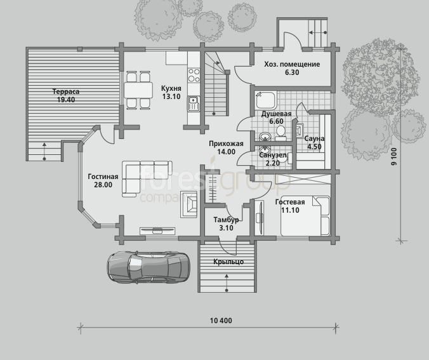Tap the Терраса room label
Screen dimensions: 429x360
click(x=66, y=91)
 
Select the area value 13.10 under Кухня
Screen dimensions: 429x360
click(x=171, y=97)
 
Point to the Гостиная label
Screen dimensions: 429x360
click(x=103, y=177)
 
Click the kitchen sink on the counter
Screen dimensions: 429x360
click(x=194, y=104)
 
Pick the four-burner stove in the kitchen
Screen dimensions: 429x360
click(x=194, y=76)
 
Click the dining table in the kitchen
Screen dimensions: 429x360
click(x=138, y=90)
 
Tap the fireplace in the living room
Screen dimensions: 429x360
click(x=188, y=204)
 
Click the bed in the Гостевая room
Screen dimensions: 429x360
click(x=305, y=216)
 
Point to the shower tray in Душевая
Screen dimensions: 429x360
click(x=266, y=100)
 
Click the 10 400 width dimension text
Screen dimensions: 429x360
click(x=221, y=320)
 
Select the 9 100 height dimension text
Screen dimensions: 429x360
click(x=394, y=156)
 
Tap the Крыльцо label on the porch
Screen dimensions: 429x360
click(x=228, y=262)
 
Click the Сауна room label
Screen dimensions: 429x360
click(x=314, y=138)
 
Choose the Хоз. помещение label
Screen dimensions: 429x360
click(x=292, y=64)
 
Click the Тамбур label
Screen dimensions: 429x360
click(x=227, y=220)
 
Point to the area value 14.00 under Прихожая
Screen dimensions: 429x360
click(x=227, y=152)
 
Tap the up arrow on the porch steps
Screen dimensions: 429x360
click(x=227, y=282)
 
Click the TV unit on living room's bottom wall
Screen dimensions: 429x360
click(x=157, y=230)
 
